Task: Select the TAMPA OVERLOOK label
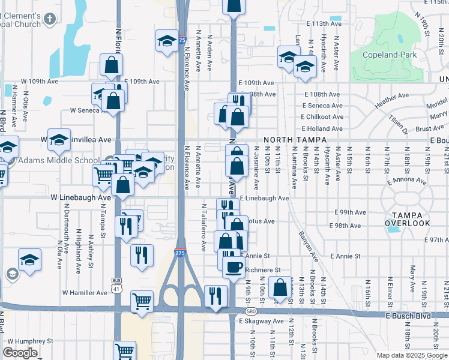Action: [408, 219]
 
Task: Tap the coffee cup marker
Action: [234, 266]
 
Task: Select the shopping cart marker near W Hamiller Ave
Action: [142, 300]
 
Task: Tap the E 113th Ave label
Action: [323, 23]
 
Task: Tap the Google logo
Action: [20, 353]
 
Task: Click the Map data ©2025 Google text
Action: [412, 355]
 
